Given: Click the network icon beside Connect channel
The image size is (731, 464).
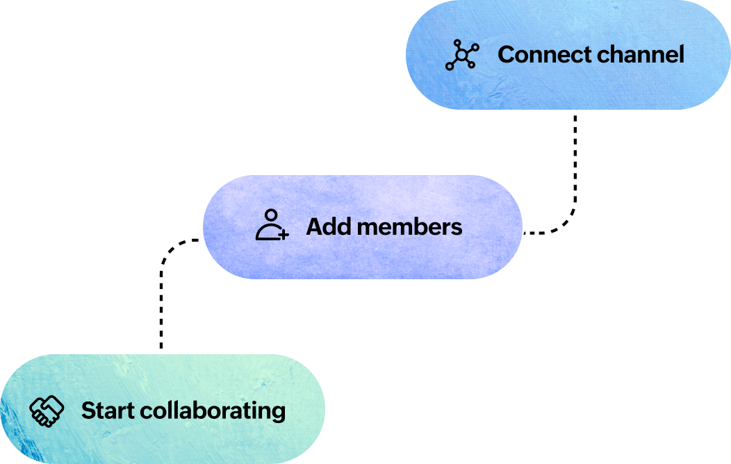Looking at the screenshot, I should (x=461, y=55).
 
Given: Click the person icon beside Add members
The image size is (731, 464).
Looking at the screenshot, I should (x=272, y=226).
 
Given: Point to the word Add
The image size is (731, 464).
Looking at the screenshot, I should (x=324, y=226).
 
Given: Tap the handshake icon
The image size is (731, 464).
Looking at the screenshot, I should (x=47, y=411).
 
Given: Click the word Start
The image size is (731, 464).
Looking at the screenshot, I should (x=108, y=411).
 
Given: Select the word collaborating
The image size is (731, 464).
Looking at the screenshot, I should (x=213, y=411).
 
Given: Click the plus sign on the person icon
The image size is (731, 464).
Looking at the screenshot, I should (x=283, y=235).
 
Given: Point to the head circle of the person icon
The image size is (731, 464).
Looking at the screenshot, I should (x=271, y=215).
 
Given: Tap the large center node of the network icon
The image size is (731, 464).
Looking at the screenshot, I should (x=462, y=55).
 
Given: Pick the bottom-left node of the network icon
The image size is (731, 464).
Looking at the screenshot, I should (x=450, y=67).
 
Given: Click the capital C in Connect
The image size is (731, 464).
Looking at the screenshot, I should (x=507, y=54).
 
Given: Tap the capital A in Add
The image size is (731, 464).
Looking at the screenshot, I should (x=313, y=226).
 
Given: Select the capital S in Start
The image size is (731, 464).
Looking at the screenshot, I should (x=88, y=411).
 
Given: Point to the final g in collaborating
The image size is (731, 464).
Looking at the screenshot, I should (x=279, y=413).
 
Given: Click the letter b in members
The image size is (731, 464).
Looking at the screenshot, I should (x=416, y=226).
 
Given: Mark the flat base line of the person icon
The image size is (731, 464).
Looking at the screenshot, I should (x=267, y=239).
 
